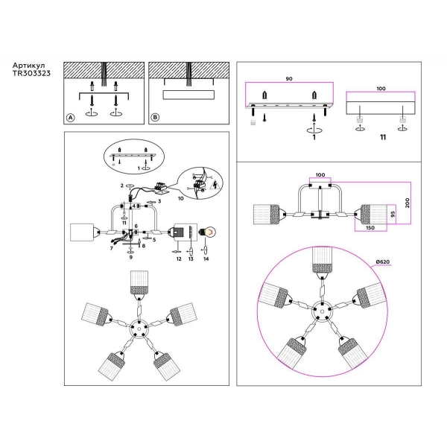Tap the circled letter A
[70, 118]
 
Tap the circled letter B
[155, 118]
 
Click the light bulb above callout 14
[209, 232]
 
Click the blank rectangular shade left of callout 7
[84, 232]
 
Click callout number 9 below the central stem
[130, 257]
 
